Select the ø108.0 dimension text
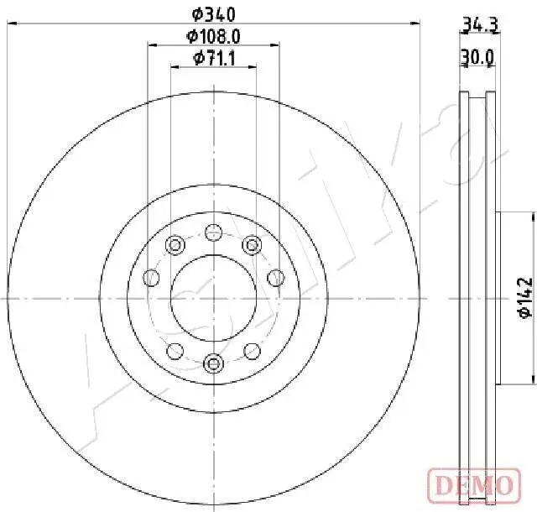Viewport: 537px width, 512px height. [x=213, y=36]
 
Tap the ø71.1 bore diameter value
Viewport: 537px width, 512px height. [x=213, y=57]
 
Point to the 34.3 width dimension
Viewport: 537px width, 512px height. [x=479, y=26]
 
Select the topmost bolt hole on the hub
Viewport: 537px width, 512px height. [x=213, y=232]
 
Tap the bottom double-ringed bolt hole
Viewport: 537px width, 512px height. [x=213, y=363]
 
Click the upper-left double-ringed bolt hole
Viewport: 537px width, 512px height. [x=175, y=245]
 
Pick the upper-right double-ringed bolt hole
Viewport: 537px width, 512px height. [x=251, y=245]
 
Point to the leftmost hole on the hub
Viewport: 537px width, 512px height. [x=152, y=277]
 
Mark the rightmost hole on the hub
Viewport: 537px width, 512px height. [x=274, y=277]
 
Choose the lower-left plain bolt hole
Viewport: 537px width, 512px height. [x=175, y=350]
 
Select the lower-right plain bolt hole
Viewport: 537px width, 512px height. [x=251, y=350]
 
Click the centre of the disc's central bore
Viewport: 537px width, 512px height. [x=213, y=297]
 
